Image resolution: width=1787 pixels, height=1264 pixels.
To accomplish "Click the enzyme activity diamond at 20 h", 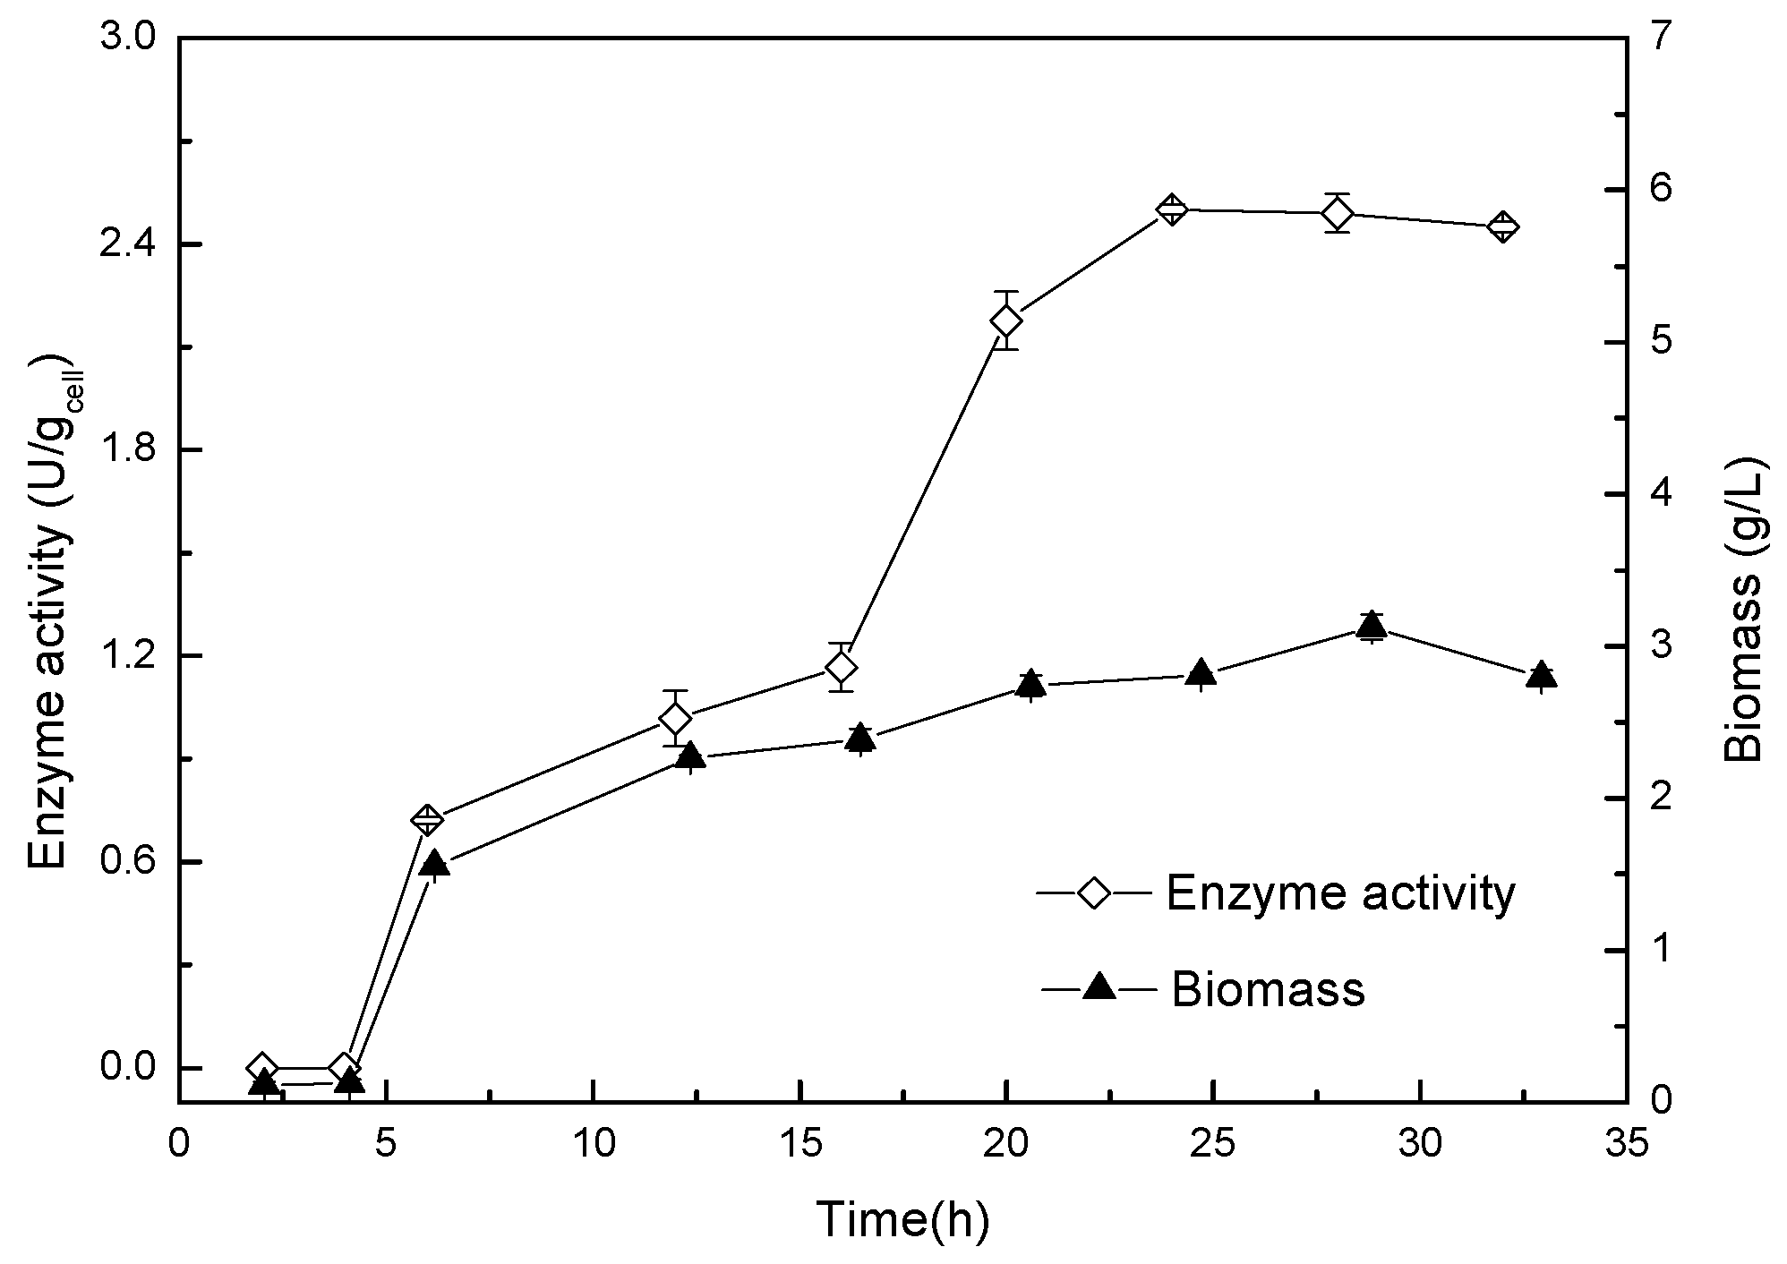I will click(1006, 320).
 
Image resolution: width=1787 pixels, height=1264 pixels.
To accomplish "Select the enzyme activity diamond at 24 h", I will click(1171, 209).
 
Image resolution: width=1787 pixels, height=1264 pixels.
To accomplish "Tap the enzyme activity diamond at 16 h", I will click(841, 667).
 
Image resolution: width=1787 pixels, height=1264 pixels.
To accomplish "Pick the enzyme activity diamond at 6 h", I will click(427, 819).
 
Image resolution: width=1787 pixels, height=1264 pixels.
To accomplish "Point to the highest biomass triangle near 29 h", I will click(1371, 627).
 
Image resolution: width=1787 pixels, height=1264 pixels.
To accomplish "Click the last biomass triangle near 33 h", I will click(1541, 676).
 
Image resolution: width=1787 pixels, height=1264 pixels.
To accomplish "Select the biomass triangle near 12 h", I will click(689, 757).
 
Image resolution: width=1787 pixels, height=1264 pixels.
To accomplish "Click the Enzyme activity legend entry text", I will click(1340, 892).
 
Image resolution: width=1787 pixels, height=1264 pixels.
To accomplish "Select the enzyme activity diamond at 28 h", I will click(1338, 213).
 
